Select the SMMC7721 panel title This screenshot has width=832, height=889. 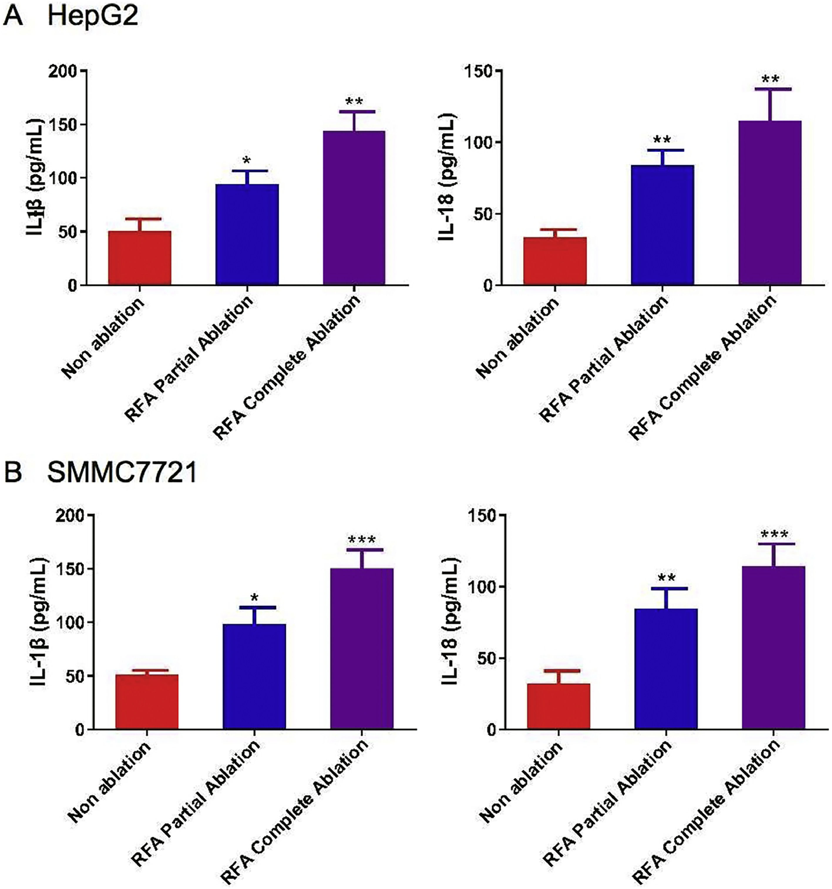122,473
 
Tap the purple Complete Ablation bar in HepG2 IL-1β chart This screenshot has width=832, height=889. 354,208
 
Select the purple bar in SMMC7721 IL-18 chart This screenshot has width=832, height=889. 773,648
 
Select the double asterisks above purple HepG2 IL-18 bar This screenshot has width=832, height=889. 770,80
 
